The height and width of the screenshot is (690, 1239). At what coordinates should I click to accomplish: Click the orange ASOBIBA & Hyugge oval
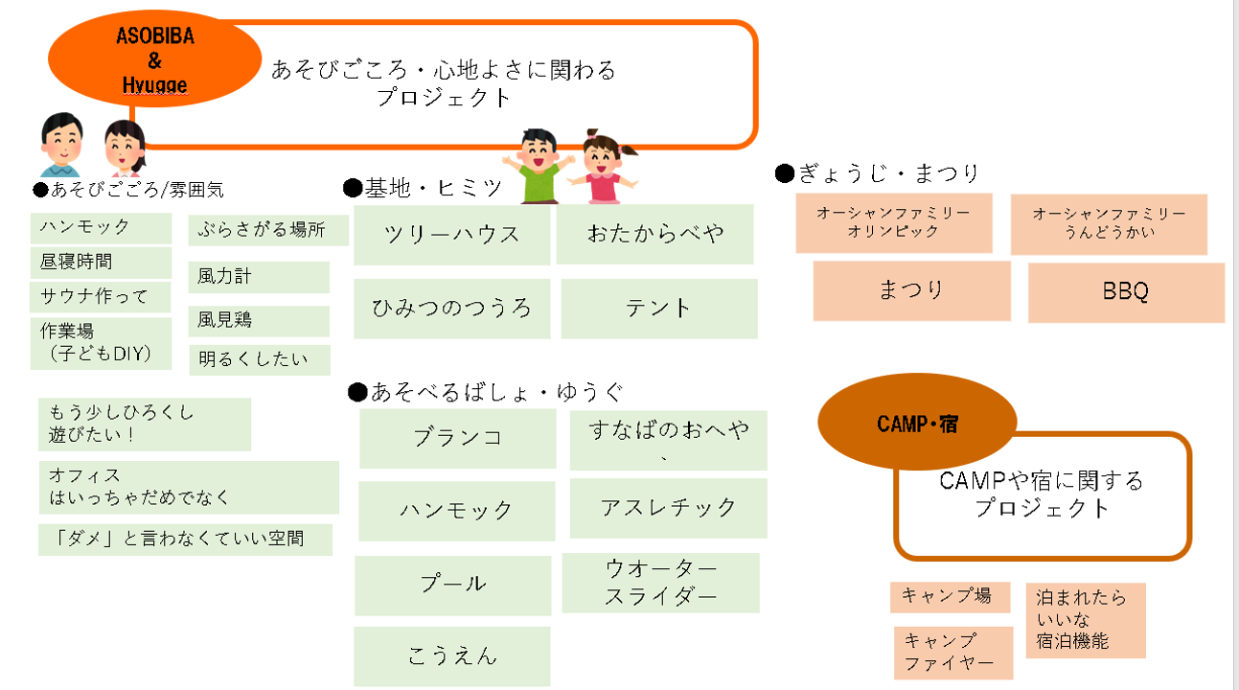coord(155,58)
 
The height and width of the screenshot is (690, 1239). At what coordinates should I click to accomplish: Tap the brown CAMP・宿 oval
coord(917,423)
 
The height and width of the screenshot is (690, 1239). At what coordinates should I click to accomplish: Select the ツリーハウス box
coord(452,235)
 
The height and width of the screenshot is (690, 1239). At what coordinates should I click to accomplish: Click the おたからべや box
coord(654,234)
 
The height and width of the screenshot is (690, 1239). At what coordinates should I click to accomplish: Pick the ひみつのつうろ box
coord(452,309)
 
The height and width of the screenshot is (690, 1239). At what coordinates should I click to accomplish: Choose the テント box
coord(658,309)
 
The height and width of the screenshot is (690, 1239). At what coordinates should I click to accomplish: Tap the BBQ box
coord(1126,291)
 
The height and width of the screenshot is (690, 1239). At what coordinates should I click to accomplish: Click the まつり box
coord(911,290)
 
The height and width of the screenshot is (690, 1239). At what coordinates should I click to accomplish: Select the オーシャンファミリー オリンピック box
coord(894,223)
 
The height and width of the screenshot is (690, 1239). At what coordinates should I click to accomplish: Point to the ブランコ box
coord(457,438)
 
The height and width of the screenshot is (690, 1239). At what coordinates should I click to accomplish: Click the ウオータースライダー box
coord(660,583)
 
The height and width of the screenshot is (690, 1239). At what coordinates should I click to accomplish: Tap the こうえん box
coord(452,656)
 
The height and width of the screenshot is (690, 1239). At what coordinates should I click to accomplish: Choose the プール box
coord(453,586)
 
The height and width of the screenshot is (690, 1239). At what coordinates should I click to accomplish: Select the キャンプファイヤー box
coord(953,653)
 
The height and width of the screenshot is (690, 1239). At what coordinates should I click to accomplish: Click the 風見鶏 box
coord(259,321)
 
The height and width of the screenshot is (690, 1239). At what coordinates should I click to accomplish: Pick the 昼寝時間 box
coord(101,263)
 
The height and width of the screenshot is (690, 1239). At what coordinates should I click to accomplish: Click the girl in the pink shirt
coord(603,166)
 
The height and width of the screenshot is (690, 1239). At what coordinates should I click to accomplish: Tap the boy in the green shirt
coord(539,166)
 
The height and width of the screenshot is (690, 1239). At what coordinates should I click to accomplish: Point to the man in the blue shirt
coord(61,145)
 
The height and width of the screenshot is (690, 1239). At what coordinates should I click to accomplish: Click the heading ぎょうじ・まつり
coord(877,173)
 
